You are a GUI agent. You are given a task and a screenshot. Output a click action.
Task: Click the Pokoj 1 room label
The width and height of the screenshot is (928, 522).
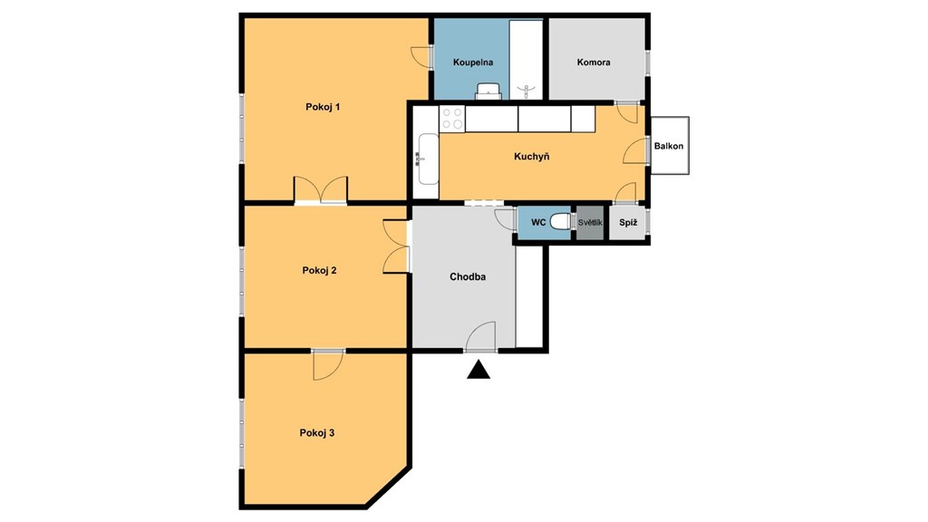pos(323,107)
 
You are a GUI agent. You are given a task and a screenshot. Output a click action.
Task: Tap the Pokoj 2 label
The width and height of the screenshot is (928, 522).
pos(320,270)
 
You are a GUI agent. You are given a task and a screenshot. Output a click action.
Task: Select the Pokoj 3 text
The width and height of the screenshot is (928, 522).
pos(317,433)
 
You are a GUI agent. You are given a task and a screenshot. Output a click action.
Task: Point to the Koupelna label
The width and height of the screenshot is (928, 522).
pos(473,63)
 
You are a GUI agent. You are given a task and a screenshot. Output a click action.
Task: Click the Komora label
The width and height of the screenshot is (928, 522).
pos(594,63)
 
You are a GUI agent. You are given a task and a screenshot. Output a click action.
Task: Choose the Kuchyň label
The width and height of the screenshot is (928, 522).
pos(531,156)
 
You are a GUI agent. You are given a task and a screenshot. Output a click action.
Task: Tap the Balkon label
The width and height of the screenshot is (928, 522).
pos(669,146)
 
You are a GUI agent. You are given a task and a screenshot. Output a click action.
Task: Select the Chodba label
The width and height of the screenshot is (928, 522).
pos(468,276)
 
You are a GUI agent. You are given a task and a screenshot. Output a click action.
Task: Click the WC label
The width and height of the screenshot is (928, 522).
pos(538,223)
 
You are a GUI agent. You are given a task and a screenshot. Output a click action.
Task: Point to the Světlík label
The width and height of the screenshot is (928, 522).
pos(590,223)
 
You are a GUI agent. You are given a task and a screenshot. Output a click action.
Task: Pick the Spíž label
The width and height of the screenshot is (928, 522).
pos(628,223)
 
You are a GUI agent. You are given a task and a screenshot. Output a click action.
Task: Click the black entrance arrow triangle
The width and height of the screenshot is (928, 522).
pos(478,371)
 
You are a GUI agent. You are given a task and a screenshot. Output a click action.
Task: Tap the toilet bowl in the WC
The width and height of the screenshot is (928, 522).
pos(560,223)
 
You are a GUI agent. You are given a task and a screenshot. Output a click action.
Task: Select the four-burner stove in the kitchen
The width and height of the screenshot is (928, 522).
pos(452,119)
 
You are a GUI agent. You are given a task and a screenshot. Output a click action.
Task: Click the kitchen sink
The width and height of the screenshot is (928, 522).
pos(428,159)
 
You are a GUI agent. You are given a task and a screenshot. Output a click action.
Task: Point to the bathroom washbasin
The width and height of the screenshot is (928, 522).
pos(489,92)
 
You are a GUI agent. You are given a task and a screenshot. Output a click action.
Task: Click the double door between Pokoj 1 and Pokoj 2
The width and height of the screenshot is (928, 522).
pos(321,190)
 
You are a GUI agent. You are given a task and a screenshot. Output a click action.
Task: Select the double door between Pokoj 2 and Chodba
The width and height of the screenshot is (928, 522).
pos(397,246)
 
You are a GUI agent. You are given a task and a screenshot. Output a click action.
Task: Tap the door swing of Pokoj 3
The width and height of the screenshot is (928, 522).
pos(328,365)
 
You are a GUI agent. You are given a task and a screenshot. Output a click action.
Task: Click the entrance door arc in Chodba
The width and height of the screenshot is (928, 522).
pos(480,336)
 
